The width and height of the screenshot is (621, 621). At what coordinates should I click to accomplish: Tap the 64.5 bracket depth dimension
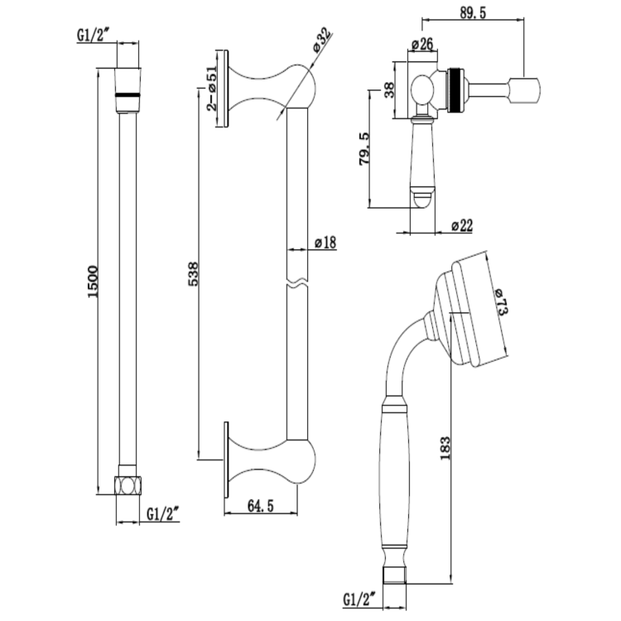[261, 506]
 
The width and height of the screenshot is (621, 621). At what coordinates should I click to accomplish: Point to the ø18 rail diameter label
[325, 243]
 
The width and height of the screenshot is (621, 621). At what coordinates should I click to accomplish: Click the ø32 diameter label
[322, 41]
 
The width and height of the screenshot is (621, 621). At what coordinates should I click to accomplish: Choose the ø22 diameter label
[461, 225]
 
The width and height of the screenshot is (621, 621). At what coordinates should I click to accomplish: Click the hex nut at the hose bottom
[128, 484]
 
